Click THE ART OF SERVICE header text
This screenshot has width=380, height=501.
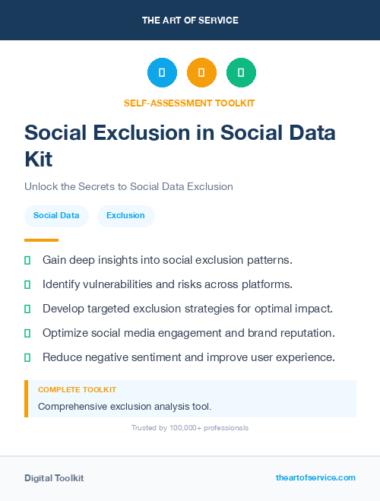[190, 21]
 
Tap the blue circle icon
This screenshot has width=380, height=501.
[162, 72]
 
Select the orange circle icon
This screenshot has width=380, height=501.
[201, 72]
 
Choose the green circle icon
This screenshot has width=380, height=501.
[241, 72]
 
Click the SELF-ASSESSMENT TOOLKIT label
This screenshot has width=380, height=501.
[189, 103]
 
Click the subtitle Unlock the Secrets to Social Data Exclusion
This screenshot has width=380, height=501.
[128, 186]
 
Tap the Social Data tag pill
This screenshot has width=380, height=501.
[56, 216]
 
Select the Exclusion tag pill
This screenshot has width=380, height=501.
[125, 216]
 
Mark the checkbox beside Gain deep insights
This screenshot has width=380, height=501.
[27, 260]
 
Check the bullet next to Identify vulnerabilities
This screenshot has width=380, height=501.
[27, 284]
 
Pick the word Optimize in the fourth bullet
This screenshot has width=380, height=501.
[66, 333]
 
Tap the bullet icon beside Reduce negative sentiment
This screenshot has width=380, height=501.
[27, 357]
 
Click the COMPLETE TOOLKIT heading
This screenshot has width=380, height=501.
[77, 389]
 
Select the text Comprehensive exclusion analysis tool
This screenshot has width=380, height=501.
[125, 406]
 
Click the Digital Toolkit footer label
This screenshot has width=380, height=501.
[54, 478]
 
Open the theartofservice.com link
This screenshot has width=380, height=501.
[315, 477]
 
